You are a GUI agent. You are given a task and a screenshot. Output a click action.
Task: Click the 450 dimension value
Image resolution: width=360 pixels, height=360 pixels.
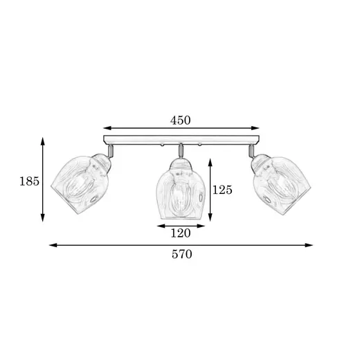(x=181, y=120)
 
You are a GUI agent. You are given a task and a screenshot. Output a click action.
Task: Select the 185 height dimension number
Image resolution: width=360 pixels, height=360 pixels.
(x=29, y=181)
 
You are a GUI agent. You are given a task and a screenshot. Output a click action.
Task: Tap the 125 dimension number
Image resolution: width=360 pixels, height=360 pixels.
(x=222, y=190)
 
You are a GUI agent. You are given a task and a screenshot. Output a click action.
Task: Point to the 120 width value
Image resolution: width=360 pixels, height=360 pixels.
(x=181, y=233)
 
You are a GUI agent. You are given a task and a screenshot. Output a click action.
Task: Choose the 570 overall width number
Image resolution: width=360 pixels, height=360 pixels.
(x=181, y=254)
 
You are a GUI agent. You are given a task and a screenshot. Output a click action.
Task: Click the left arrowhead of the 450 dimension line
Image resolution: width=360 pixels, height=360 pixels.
(x=107, y=128)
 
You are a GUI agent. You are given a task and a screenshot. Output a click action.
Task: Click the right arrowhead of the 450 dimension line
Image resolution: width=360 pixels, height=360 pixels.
(x=255, y=128)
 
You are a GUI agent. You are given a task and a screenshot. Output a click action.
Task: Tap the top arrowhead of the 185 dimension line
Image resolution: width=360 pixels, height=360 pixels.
(x=42, y=141)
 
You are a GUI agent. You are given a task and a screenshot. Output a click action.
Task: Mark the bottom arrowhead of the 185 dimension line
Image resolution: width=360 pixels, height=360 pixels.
(x=42, y=217)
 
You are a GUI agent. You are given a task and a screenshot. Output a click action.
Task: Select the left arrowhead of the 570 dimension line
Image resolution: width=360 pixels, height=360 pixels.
(x=53, y=245)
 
